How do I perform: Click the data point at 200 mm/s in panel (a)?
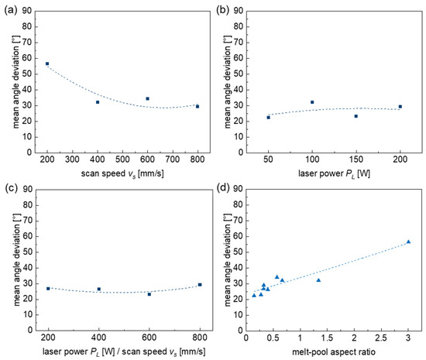click(47, 63)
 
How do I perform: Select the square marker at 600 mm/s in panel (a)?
click(147, 98)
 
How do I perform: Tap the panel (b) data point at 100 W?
click(312, 102)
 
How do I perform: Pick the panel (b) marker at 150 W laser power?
click(356, 116)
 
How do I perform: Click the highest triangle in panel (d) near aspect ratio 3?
click(408, 242)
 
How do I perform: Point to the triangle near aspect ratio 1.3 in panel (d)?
click(318, 280)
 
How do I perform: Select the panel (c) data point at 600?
click(149, 294)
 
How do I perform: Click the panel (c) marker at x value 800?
click(200, 285)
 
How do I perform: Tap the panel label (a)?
click(11, 10)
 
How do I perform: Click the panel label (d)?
click(223, 187)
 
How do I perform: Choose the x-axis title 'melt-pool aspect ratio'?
click(334, 352)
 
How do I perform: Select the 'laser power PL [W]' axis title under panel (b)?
click(334, 173)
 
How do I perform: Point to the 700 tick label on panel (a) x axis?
click(173, 159)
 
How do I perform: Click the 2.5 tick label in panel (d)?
click(381, 338)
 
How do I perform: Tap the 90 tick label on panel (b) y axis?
click(239, 11)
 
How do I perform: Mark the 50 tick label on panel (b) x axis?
click(268, 159)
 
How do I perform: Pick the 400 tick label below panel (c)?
click(98, 338)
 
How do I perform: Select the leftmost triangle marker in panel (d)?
click(254, 296)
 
